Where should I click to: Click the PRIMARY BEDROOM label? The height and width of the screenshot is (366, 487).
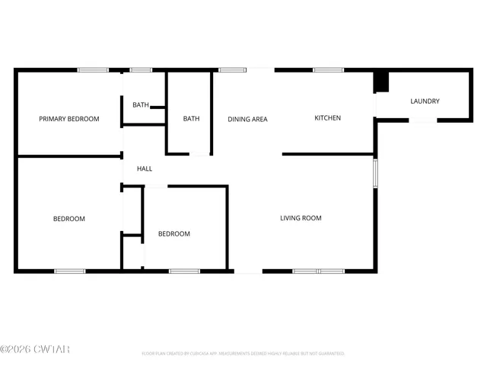[x=69, y=119]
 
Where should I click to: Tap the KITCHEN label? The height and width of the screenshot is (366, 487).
[x=328, y=118]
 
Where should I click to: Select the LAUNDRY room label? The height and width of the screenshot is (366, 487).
[x=425, y=101]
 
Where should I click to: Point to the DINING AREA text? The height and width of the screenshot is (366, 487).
[x=248, y=119]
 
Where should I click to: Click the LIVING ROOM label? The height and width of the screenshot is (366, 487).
[x=301, y=218]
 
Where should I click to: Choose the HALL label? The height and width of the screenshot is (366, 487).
[x=145, y=169]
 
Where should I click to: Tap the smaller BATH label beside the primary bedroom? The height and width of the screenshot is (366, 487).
[x=141, y=105]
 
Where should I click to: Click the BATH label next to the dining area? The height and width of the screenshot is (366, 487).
[x=191, y=119]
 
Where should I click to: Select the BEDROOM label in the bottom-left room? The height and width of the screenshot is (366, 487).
[x=69, y=219]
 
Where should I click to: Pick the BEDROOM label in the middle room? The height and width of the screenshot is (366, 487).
[x=174, y=233]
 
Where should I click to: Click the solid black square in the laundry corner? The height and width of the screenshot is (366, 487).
[x=381, y=81]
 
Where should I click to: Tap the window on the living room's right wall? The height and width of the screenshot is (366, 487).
[x=374, y=172]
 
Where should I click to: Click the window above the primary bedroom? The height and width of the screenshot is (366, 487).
[x=92, y=70]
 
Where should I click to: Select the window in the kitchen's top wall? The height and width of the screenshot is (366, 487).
[x=328, y=70]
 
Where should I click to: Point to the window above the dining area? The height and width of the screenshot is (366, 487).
[x=231, y=70]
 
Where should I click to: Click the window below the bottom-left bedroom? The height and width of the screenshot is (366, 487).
[x=70, y=271]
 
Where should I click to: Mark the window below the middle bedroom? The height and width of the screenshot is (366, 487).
[x=184, y=271]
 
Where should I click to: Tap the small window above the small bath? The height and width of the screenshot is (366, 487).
[x=141, y=70]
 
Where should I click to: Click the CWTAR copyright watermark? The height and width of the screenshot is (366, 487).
[x=35, y=349]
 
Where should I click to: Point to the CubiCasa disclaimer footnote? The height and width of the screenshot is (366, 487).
[x=243, y=354]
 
